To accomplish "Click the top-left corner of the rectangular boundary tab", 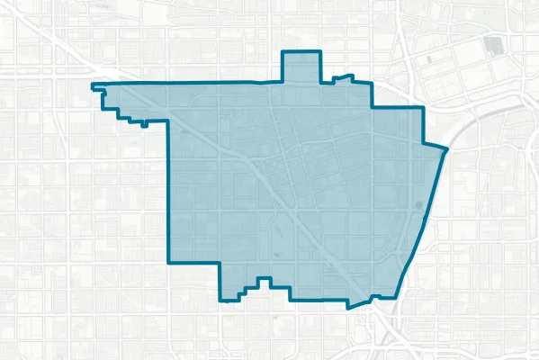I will click(283, 51).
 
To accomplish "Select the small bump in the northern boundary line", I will click(341, 77).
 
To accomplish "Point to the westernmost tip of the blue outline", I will click(93, 86).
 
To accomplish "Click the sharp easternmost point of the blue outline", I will click(447, 148).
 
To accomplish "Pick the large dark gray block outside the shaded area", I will click(493, 45).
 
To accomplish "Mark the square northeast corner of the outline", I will click(422, 107).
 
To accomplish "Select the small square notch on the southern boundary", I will click(263, 283).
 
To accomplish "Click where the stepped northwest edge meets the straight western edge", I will click(169, 120).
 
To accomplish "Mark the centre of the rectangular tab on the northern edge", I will click(301, 67).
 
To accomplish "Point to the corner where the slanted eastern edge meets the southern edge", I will click(399, 296).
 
